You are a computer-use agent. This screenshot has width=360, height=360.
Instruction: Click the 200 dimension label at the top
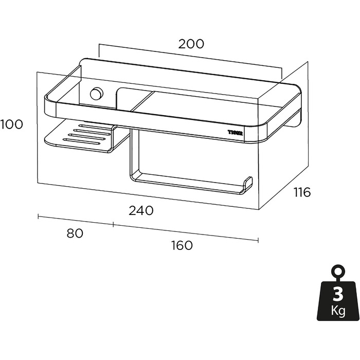tap(191, 44)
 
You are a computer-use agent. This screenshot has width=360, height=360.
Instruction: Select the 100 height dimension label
tap(11, 124)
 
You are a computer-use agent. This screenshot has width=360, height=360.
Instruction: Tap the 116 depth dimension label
tap(302, 192)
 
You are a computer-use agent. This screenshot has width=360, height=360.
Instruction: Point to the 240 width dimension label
tap(141, 210)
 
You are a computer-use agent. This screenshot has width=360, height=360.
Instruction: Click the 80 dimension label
tap(75, 233)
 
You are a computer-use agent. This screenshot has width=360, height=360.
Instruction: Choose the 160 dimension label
tap(182, 245)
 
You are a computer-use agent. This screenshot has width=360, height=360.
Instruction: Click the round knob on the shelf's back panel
tap(97, 94)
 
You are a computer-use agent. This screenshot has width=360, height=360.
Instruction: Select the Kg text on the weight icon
tap(338, 311)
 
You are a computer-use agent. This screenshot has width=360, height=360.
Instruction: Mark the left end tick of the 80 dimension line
tap(38, 216)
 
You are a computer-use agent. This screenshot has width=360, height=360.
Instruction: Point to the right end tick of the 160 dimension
tap(258, 240)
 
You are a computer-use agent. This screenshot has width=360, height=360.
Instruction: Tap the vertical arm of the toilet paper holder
tap(134, 153)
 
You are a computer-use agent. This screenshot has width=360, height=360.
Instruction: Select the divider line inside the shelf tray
tap(142, 101)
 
